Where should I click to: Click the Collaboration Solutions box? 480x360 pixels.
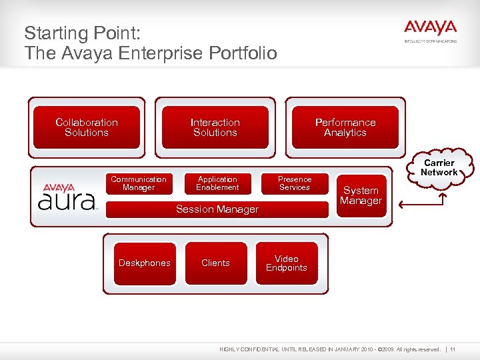[87, 127]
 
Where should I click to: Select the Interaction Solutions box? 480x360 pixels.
[215, 127]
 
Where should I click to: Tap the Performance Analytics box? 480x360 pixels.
[345, 127]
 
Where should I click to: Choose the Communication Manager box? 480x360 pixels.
[139, 183]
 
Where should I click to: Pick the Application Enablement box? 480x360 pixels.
[217, 183]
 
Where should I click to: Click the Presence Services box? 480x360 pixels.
[294, 183]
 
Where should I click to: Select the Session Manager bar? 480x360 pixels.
[217, 209]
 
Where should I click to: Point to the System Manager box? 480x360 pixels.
[361, 195]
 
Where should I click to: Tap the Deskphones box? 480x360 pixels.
[144, 263]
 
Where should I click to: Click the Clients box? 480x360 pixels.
[215, 263]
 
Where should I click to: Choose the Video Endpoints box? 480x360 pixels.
[286, 263]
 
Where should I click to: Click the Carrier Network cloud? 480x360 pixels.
[439, 167]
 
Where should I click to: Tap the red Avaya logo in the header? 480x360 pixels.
[430, 29]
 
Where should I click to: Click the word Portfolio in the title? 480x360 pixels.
[243, 53]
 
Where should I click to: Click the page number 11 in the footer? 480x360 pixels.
[453, 349]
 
